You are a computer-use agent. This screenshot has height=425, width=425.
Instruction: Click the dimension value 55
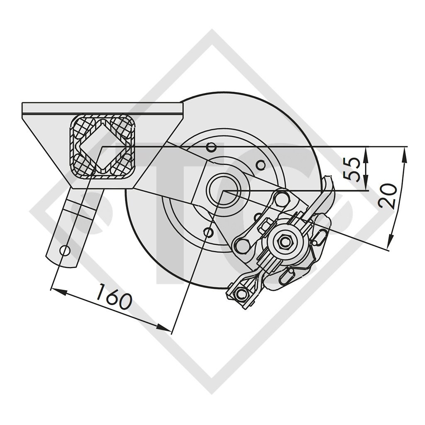point(353,169)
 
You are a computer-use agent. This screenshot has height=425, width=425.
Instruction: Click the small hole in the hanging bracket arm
point(64,250)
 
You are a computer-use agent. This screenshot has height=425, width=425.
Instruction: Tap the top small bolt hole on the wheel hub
point(211,147)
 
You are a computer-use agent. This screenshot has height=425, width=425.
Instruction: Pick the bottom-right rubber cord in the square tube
point(125,166)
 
